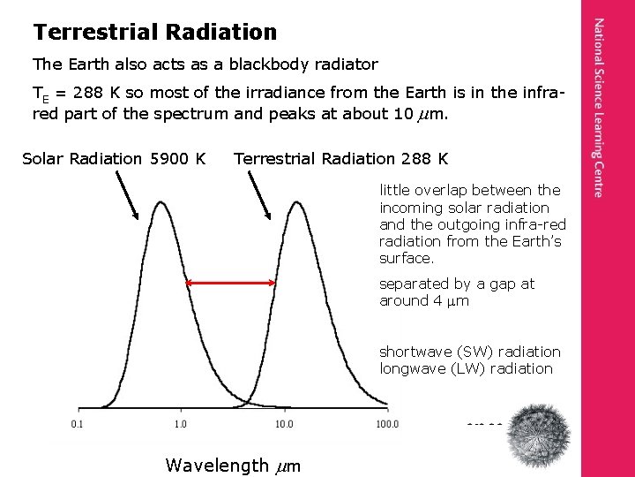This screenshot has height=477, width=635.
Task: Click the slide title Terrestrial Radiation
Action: [x=154, y=33]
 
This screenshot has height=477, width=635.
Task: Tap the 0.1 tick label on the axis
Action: [x=78, y=424]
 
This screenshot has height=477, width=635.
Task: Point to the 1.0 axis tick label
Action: [x=180, y=424]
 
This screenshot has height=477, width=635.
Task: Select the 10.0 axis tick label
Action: [x=283, y=424]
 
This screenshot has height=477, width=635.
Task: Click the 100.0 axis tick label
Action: [x=386, y=424]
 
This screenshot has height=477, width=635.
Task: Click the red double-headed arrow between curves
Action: [x=232, y=283]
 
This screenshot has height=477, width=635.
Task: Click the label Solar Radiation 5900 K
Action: [x=114, y=159]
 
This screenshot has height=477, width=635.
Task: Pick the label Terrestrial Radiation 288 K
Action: [x=340, y=159]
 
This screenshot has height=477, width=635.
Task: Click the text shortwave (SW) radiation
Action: [x=469, y=352]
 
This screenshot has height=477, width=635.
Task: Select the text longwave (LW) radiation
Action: [x=467, y=368]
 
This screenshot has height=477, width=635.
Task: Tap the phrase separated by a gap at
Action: [x=456, y=284]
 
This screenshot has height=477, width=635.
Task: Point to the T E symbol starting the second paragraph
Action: [x=39, y=95]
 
